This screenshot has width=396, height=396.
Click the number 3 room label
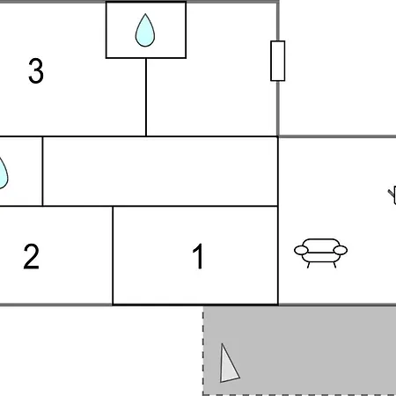[36, 70]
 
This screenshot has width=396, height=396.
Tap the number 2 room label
[31, 256]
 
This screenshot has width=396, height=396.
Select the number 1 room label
[199, 256]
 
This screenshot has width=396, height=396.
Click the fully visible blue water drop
[145, 30]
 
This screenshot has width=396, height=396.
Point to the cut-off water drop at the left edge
[4, 173]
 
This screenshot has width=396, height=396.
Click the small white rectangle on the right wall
[277, 61]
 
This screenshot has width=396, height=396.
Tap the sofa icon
[320, 253]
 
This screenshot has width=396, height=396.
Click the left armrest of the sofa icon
[301, 250]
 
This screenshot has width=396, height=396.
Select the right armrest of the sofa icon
[341, 250]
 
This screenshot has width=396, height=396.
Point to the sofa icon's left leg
[308, 265]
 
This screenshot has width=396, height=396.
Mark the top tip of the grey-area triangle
[222, 343]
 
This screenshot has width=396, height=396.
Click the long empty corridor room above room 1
[160, 172]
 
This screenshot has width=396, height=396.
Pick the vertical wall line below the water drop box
[146, 97]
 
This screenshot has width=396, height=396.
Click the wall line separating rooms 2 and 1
[113, 255]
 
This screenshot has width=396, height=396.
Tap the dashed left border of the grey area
[203, 351]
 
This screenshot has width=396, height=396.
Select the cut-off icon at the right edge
[392, 194]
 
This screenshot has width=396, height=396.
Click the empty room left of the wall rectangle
[212, 97]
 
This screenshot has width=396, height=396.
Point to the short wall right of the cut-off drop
[42, 172]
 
